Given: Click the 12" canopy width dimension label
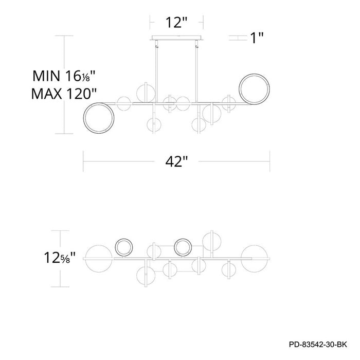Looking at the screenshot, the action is (x=176, y=23).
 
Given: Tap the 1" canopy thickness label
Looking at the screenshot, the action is (x=257, y=38).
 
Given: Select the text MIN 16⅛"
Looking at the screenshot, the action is (x=64, y=76).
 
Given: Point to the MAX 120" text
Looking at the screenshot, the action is (x=64, y=94).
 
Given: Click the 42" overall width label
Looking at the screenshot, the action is (x=176, y=161).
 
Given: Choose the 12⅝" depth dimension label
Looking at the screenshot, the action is (x=60, y=258).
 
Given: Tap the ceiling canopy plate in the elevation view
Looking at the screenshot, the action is (x=176, y=38).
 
